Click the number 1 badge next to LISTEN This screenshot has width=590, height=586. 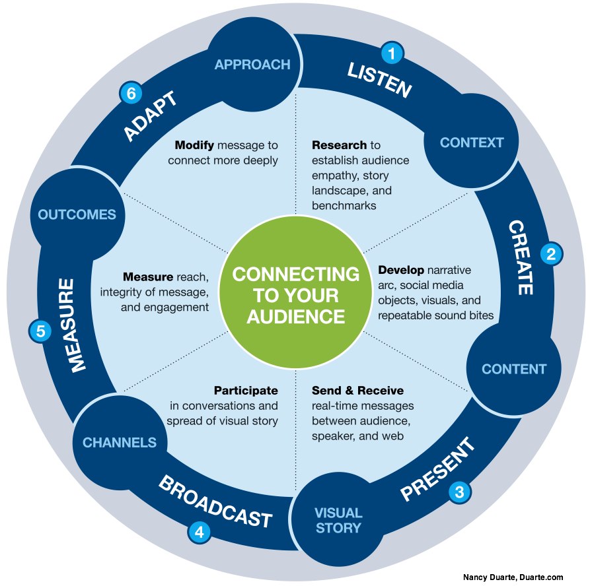393,53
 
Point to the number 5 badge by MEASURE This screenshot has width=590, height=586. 39,331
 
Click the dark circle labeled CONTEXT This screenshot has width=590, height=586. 472,143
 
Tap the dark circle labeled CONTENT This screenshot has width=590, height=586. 514,369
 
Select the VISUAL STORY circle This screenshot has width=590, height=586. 338,520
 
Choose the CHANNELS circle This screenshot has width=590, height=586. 120,443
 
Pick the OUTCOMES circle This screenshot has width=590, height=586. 77,214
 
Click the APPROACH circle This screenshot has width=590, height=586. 252,65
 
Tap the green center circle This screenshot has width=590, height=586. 295,294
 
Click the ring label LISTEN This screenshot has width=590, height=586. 380,81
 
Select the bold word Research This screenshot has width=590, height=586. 339,145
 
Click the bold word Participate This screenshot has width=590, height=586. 246,391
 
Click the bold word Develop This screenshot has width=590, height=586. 401,270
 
